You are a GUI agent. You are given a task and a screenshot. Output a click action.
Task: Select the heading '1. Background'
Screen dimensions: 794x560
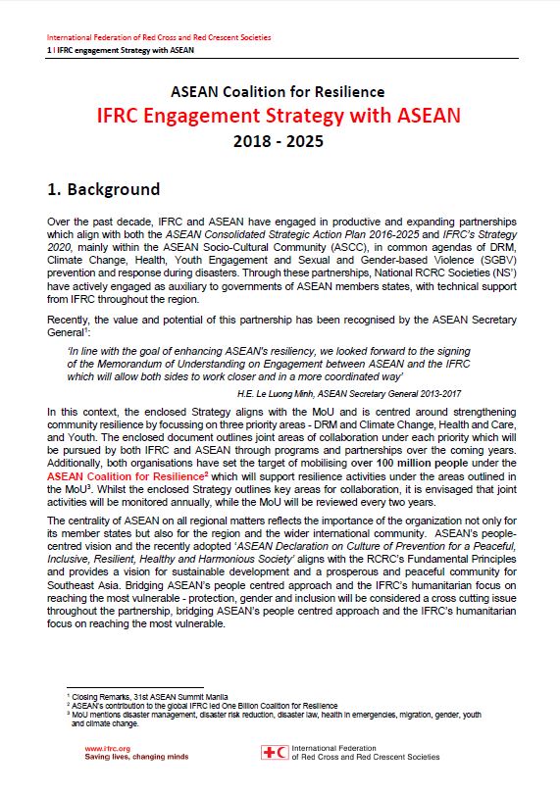coord(104,188)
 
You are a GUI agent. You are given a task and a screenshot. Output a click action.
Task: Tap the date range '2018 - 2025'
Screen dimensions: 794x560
coord(279,141)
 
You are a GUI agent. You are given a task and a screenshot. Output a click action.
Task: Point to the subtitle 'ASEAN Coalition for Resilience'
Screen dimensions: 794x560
coord(279,91)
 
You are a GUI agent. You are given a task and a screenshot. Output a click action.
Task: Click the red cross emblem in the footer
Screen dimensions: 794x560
coord(270,752)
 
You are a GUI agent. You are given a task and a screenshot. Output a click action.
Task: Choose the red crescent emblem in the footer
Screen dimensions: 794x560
coord(282,752)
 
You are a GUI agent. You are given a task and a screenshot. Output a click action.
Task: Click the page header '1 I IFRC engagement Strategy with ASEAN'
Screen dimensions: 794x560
coord(121,48)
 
